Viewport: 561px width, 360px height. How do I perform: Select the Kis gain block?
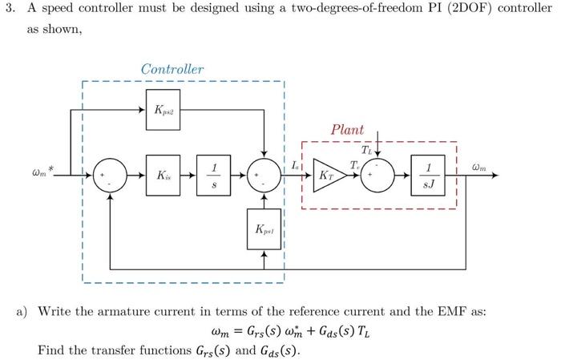163,175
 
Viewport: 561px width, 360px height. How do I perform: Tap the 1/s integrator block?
213,175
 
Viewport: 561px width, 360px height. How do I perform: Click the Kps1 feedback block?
264,229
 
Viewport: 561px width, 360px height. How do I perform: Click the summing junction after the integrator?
264,175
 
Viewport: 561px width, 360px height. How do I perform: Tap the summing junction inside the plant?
378,175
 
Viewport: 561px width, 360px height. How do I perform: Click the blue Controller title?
172,69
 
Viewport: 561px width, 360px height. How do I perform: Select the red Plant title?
347,129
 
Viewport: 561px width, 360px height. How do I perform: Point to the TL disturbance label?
366,150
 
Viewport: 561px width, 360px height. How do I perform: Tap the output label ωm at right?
479,168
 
